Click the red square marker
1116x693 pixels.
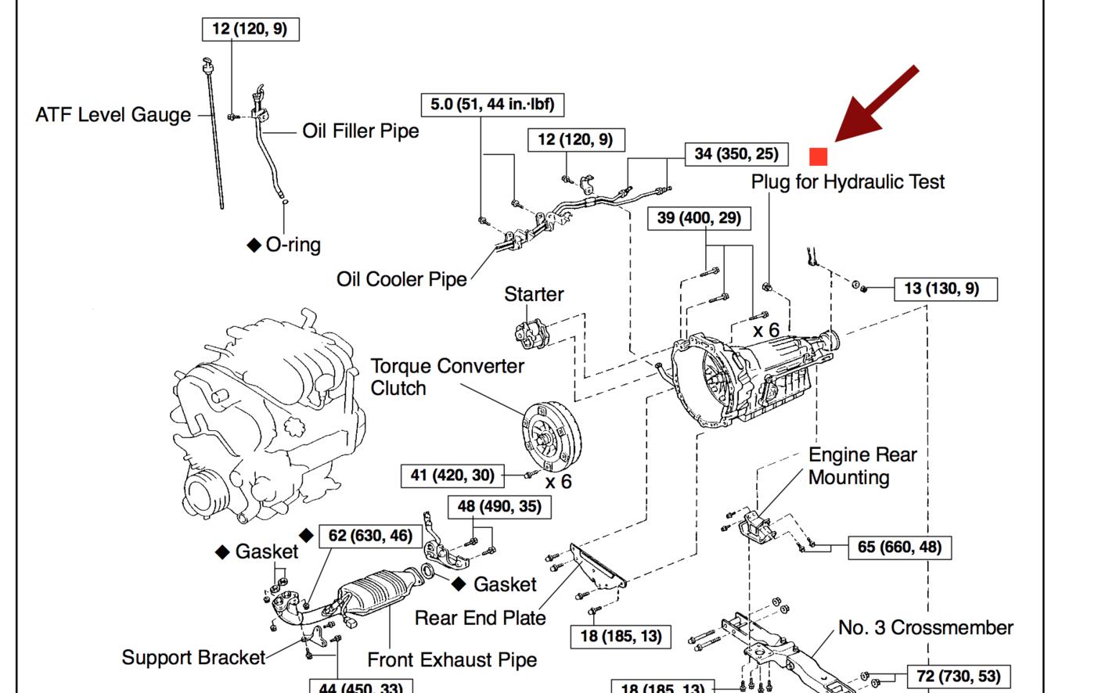point(818,156)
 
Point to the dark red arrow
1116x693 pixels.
point(877,103)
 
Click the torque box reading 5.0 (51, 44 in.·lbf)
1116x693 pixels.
point(492,105)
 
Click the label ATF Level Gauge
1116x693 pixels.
point(113,115)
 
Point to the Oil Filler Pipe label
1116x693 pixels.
point(361,131)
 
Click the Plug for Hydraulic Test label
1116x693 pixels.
point(848,181)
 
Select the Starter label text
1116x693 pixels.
point(534,294)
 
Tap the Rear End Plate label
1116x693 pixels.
point(481,618)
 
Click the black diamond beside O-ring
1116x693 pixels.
point(254,245)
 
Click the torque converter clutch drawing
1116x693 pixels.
point(552,436)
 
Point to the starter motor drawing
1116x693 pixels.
point(531,333)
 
